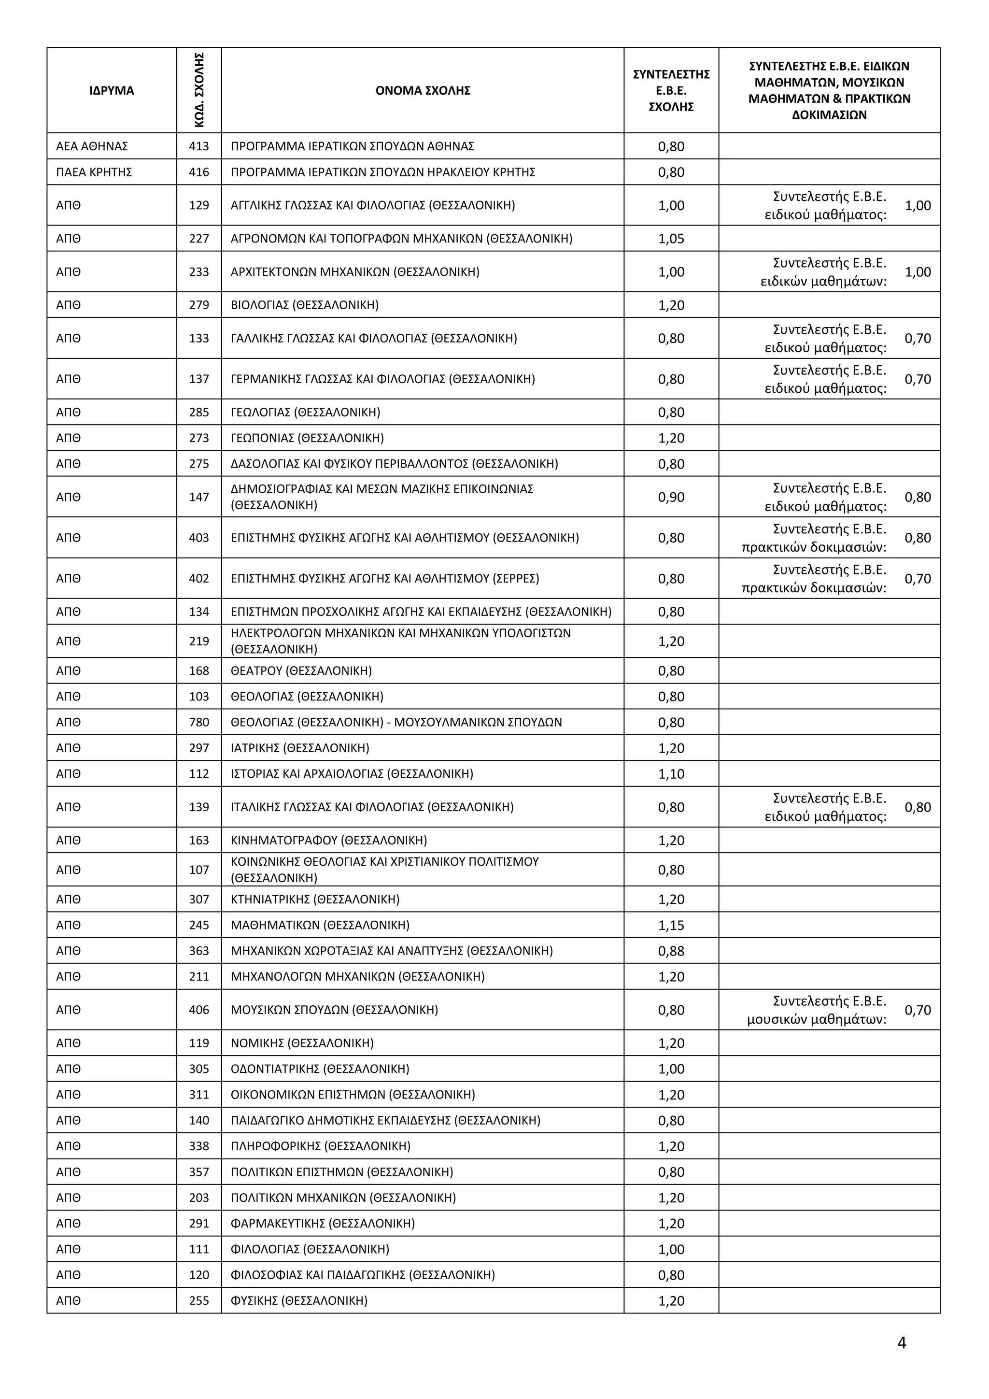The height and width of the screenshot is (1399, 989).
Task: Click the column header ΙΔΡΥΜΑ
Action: pyautogui.click(x=112, y=91)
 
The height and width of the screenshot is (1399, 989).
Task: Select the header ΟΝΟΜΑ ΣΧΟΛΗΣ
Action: pyautogui.click(x=423, y=91)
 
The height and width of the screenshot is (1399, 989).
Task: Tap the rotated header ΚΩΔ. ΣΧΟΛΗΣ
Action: pyautogui.click(x=199, y=90)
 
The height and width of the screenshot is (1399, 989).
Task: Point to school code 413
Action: pyautogui.click(x=199, y=146)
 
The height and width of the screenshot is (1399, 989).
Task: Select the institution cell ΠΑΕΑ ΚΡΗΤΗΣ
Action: pyautogui.click(x=94, y=172)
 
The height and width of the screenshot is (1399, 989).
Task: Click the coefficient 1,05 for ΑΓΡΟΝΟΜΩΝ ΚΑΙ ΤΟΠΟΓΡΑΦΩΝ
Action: pyautogui.click(x=671, y=238)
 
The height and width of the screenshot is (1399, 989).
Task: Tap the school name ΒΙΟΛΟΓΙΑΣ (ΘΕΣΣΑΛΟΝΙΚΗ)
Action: pyautogui.click(x=305, y=305)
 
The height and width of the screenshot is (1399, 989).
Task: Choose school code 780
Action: pyautogui.click(x=199, y=722)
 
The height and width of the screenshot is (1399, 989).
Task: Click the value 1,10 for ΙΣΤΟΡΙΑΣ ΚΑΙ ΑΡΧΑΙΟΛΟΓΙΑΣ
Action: pyautogui.click(x=671, y=774)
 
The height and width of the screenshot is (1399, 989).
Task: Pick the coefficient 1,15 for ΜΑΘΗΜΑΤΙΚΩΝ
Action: pyautogui.click(x=671, y=925)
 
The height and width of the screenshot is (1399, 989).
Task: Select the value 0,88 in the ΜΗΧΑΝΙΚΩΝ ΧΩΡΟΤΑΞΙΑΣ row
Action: pyautogui.click(x=671, y=951)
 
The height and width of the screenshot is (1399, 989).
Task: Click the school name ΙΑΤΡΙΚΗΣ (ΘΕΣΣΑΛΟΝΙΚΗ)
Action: pyautogui.click(x=299, y=748)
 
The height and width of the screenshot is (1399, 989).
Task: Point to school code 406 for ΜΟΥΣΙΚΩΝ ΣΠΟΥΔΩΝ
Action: pyautogui.click(x=199, y=1010)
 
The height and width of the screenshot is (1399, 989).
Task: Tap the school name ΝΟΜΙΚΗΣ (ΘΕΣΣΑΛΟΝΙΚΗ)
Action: pyautogui.click(x=302, y=1042)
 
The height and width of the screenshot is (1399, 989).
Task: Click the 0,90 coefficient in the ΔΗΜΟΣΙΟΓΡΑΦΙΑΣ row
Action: pyautogui.click(x=671, y=497)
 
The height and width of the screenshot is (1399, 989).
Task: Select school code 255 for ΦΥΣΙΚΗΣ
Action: pyautogui.click(x=199, y=1300)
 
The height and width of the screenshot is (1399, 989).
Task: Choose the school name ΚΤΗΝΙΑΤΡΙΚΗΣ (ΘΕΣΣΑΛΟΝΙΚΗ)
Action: pyautogui.click(x=315, y=899)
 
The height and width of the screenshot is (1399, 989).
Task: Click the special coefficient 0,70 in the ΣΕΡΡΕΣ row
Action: pyautogui.click(x=918, y=578)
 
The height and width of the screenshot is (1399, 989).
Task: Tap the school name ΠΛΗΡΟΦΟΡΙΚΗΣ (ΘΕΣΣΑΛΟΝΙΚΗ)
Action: pyautogui.click(x=320, y=1145)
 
